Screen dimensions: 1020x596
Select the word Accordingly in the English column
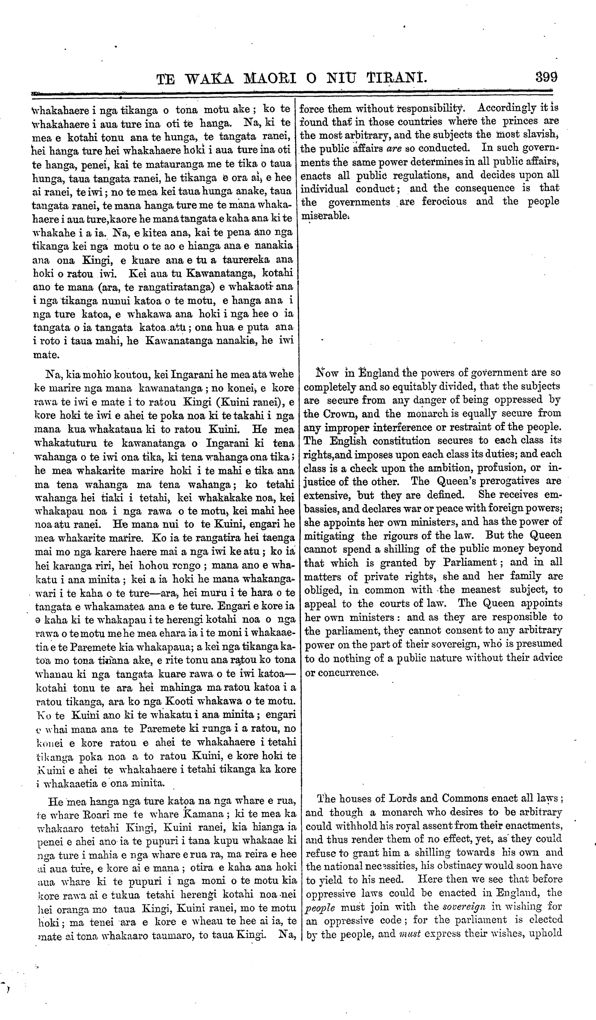(x=507, y=109)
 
